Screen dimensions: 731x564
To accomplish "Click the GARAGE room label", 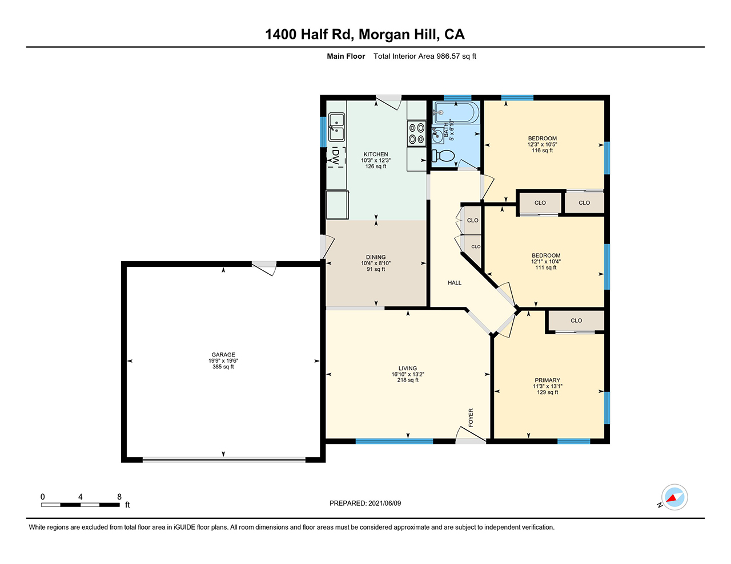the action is click(x=223, y=354).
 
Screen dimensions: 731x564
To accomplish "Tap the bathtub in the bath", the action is click(x=457, y=113).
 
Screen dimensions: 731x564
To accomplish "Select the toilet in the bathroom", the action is click(x=443, y=156).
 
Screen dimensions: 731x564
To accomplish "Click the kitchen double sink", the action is click(x=336, y=127).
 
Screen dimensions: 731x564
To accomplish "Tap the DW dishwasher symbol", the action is click(x=336, y=157).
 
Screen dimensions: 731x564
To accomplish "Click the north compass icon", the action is click(x=674, y=497).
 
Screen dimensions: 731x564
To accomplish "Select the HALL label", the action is click(x=455, y=283).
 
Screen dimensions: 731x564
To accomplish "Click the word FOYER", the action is click(x=471, y=418).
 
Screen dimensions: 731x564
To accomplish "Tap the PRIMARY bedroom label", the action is click(x=547, y=380).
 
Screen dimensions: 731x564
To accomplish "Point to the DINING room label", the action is click(x=376, y=257).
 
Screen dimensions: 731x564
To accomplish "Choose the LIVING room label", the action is click(x=408, y=368).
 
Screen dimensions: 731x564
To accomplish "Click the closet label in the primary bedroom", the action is click(x=576, y=320).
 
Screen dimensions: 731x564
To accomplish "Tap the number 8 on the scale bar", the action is click(x=119, y=497).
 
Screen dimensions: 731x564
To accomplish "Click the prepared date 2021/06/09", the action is click(x=384, y=503).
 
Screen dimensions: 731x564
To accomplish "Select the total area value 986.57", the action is click(x=448, y=56).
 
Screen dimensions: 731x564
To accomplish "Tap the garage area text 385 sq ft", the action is click(x=223, y=367).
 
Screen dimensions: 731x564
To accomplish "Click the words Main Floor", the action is click(x=346, y=56).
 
